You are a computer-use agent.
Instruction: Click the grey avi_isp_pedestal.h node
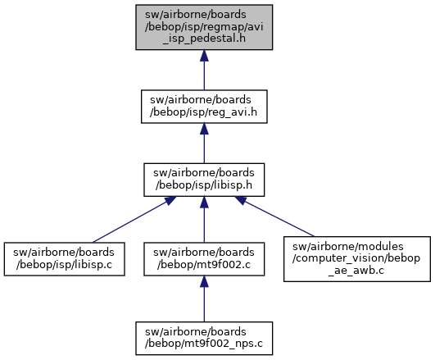204,27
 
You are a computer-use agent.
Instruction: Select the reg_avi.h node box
204,107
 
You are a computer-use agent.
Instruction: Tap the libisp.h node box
204,180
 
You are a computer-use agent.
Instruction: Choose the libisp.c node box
64,259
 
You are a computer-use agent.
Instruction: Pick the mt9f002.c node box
204,259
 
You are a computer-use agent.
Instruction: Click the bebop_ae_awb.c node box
357,259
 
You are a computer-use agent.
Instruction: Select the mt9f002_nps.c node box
204,339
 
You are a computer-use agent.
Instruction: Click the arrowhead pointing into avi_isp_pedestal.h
204,56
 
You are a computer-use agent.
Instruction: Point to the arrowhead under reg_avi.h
204,129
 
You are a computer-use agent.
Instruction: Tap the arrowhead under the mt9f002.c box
204,281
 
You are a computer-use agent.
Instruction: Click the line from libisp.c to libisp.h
129,222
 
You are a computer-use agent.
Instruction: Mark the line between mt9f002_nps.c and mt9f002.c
204,304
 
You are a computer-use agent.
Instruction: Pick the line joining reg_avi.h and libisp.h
204,149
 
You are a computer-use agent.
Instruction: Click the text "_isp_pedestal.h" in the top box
204,39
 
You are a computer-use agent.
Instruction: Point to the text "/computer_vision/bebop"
356,258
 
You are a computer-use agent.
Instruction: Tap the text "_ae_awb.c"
356,271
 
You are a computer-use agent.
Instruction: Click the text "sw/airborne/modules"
348,246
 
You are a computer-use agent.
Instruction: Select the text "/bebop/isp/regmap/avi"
204,27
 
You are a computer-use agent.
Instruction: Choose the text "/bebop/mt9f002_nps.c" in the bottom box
204,344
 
